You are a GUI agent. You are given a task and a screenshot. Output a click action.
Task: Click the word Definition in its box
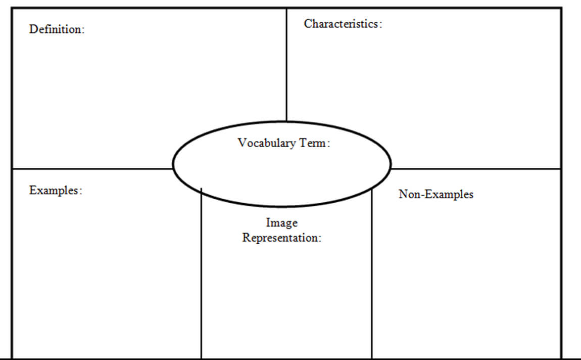[55, 29]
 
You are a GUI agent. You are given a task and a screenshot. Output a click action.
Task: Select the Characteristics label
[341, 24]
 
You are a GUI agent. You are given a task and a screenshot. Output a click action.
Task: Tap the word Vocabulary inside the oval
[267, 143]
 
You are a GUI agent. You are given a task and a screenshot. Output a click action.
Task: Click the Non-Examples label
[436, 194]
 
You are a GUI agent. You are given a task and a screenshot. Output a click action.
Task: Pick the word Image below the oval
[281, 222]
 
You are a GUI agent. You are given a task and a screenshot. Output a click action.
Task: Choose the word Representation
[280, 238]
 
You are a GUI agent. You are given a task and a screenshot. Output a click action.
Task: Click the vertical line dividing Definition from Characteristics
[286, 66]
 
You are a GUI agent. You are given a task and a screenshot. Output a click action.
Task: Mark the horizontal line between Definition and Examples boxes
[91, 168]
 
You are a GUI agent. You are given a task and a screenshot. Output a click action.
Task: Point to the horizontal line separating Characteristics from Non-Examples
[475, 168]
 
